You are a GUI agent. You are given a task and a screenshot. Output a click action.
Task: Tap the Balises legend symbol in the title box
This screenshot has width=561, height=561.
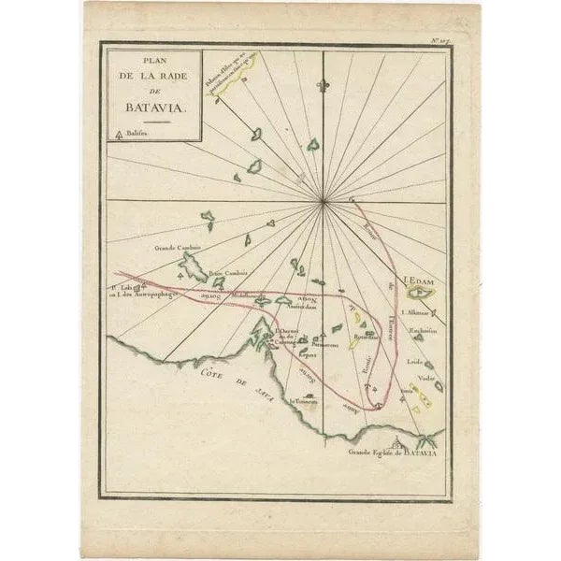[x=117, y=135]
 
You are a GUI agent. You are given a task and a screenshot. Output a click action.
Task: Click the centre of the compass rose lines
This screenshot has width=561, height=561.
[x=324, y=201]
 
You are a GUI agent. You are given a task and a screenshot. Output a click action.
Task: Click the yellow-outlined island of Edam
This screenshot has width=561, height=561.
[x=424, y=293]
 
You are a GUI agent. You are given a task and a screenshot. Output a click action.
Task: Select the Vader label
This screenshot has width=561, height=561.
[x=427, y=378]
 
